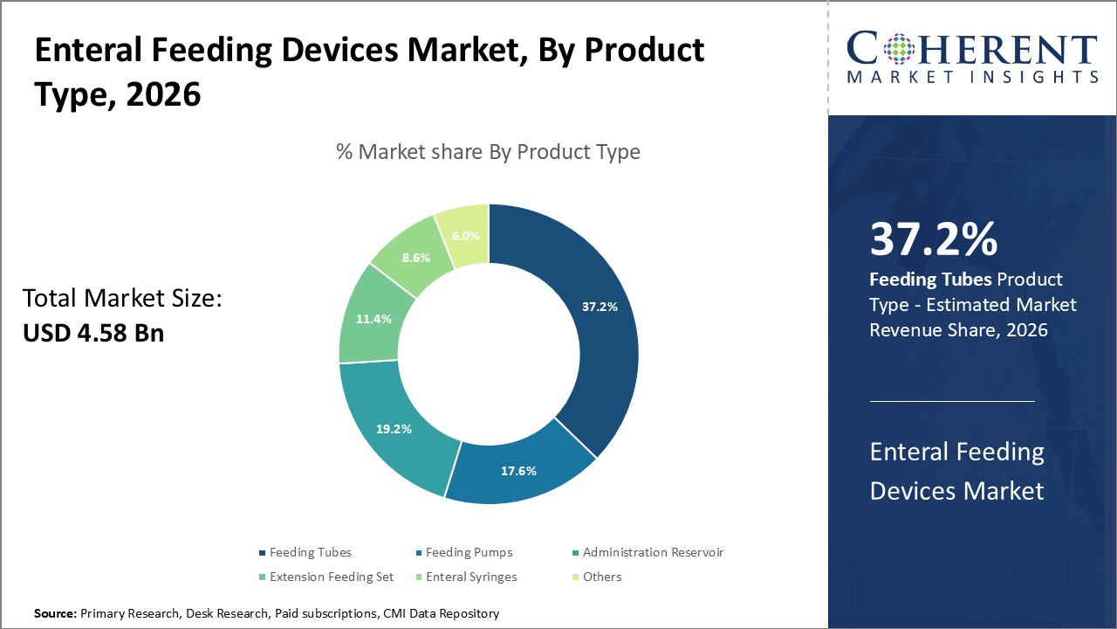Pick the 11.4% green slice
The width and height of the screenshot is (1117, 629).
(373, 318)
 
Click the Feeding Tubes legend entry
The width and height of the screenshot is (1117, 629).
(310, 552)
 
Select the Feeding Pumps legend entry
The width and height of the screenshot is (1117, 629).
(469, 552)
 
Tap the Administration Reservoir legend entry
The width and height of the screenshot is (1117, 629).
(653, 552)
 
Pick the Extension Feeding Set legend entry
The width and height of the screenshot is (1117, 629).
(331, 577)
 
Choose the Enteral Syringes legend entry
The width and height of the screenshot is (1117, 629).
(470, 577)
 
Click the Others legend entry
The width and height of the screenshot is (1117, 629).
(602, 577)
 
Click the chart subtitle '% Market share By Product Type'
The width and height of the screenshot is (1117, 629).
(488, 152)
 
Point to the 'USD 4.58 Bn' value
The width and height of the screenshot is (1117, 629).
(93, 333)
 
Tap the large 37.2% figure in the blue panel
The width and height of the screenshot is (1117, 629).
(934, 239)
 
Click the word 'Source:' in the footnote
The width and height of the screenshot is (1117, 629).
(55, 614)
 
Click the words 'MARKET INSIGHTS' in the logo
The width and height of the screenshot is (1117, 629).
(972, 77)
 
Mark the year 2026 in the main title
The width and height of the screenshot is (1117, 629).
(163, 93)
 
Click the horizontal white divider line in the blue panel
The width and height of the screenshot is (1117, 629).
(951, 401)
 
